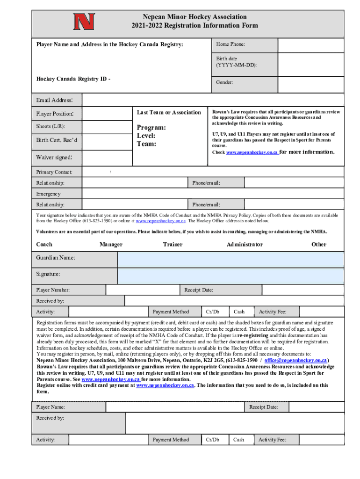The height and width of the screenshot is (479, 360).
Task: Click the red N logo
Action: click(84, 21)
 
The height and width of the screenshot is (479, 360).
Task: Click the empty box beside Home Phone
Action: click(310, 45)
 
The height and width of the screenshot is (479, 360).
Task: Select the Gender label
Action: click(224, 82)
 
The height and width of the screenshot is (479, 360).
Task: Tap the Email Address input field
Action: click(213, 100)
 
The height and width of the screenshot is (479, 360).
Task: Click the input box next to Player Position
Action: click(106, 114)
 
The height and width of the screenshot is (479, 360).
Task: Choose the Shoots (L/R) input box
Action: click(106, 127)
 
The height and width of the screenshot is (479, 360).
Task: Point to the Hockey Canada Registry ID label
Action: click(73, 78)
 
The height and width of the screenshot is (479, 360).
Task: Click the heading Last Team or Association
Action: click(169, 112)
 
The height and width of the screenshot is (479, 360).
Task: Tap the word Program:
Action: click(151, 128)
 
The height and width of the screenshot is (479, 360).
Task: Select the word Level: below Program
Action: click(146, 136)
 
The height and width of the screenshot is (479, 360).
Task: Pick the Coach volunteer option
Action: click(44, 244)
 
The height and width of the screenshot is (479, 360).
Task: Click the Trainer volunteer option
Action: click(173, 244)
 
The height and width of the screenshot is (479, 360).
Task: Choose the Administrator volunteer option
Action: click(245, 244)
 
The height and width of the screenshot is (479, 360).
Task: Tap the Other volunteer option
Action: click(319, 244)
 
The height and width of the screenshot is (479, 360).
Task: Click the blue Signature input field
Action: click(230, 276)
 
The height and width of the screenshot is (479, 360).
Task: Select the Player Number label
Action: click(53, 290)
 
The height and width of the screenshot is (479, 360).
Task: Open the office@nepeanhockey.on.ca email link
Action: click(295, 361)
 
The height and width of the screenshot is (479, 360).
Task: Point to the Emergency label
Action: click(48, 194)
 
